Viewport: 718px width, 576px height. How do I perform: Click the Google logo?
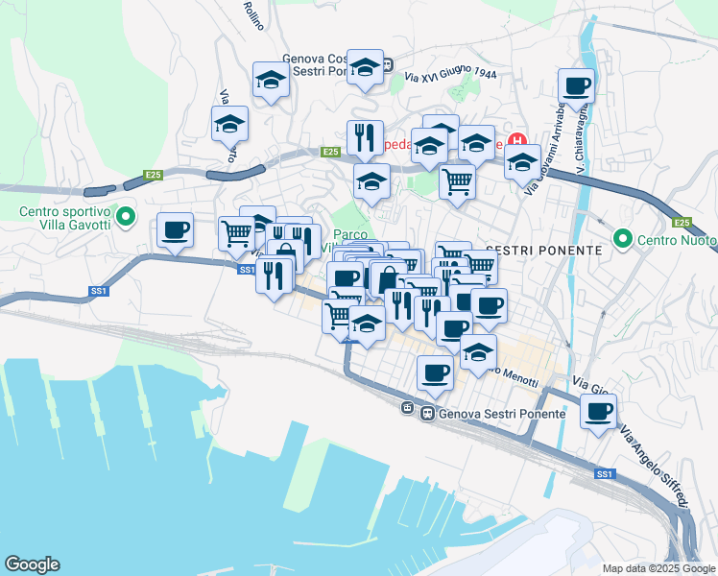coord(32,564)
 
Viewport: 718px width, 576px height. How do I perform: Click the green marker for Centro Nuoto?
coord(622,236)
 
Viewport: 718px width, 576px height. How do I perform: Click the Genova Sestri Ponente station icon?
coord(408,409)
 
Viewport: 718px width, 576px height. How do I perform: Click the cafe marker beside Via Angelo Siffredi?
coord(599,412)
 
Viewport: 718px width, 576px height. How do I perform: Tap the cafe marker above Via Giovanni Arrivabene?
coord(576,85)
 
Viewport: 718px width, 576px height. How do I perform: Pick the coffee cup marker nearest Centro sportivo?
coord(175,230)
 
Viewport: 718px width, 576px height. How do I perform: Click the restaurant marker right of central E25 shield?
coord(365,138)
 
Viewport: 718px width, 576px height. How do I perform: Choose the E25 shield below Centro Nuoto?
coord(682,224)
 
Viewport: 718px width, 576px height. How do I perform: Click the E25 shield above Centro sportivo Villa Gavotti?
coord(153,175)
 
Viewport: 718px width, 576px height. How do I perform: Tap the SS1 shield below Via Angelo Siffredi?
coord(603,474)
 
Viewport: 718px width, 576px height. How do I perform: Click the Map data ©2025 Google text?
coord(658,568)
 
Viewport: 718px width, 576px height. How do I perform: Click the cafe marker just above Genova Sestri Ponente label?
coord(434,372)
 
